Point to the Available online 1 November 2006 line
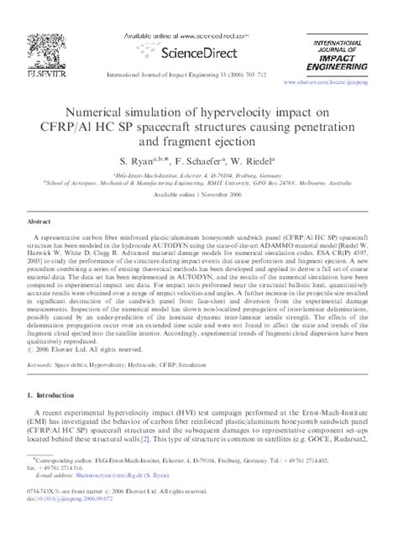pos(198,195)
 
